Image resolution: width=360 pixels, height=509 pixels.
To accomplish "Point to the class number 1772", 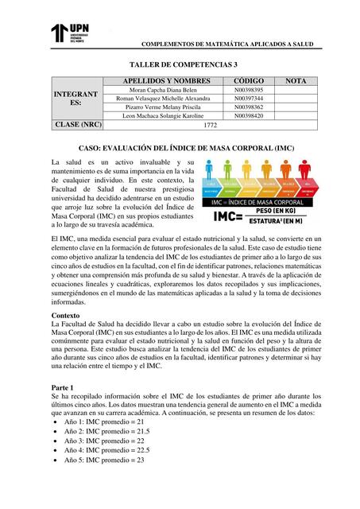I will (x=210, y=126).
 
